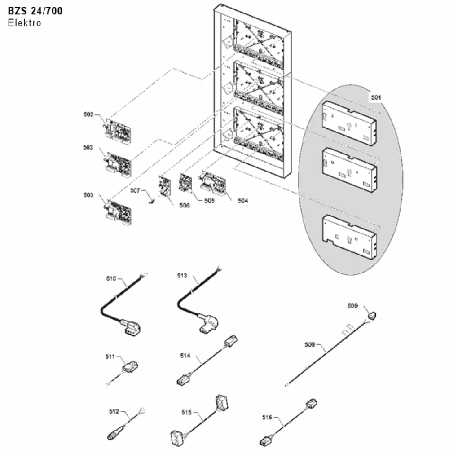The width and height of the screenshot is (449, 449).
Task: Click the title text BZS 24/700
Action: [35, 11]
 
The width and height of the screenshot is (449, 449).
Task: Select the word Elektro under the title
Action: [24, 23]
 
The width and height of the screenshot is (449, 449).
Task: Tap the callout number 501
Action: [376, 97]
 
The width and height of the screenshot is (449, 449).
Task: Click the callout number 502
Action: [88, 114]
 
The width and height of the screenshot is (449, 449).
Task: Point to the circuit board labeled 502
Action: [118, 131]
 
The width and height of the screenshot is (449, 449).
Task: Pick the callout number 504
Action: [243, 201]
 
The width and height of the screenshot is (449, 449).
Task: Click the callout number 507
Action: [135, 190]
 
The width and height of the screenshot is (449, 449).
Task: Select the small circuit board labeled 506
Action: [164, 186]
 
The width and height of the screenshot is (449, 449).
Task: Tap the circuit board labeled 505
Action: [185, 182]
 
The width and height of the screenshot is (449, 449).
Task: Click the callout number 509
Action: [353, 305]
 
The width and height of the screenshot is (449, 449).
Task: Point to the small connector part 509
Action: [372, 316]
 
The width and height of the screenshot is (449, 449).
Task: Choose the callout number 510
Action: [111, 278]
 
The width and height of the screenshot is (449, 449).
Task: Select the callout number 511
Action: [110, 357]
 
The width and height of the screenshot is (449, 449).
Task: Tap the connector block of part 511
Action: [130, 366]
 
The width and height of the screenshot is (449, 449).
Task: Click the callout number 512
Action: [114, 411]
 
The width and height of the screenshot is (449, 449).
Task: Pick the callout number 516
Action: [267, 417]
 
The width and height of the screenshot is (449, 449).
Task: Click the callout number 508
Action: [309, 344]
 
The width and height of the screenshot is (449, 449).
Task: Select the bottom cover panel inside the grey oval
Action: [349, 238]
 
